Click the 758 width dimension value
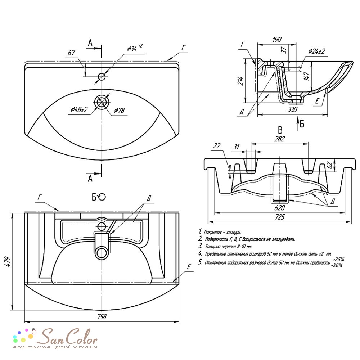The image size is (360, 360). tap(102, 316)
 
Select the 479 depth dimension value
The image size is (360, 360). tap(7, 261)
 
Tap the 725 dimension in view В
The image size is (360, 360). tap(279, 217)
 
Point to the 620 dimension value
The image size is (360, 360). tap(279, 208)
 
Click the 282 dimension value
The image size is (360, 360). tap(279, 139)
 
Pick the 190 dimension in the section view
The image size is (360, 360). tap(277, 40)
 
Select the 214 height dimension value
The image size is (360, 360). tap(240, 81)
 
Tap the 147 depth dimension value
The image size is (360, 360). tap(306, 75)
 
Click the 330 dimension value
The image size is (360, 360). tap(292, 109)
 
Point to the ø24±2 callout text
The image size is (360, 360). tap(316, 51)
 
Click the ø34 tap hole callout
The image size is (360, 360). tap(135, 48)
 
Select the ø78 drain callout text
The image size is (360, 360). tap(120, 111)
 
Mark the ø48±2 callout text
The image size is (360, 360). tap(79, 109)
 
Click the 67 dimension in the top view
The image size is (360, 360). tap(71, 53)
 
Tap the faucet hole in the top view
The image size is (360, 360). tap(102, 77)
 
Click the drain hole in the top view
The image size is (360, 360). tap(102, 102)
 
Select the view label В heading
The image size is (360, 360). tap(280, 130)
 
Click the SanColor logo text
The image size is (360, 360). tap(67, 337)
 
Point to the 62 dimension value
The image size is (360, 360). tap(329, 165)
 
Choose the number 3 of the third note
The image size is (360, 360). tap(200, 246)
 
